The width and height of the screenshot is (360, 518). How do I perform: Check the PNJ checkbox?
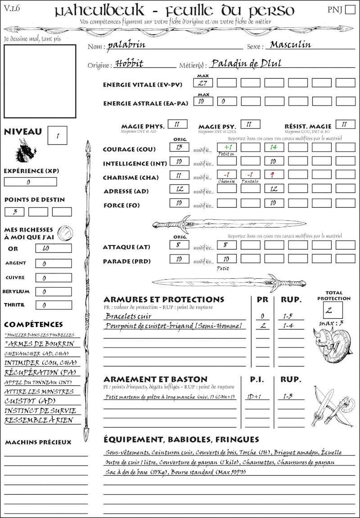tap(349, 10)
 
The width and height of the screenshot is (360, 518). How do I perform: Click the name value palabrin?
tap(126, 45)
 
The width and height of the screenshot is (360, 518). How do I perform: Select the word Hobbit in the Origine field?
tap(129, 63)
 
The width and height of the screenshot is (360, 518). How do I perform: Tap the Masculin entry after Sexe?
tap(291, 45)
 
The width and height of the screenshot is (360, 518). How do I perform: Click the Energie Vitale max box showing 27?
tap(203, 83)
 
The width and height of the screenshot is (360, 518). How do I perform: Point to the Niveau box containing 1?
tap(58, 135)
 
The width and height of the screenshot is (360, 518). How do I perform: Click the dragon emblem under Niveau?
tap(26, 151)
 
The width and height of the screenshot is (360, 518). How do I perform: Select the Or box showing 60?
tap(53, 248)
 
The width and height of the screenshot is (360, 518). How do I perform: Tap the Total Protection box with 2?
tap(333, 310)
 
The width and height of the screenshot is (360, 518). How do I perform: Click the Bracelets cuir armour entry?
tap(129, 316)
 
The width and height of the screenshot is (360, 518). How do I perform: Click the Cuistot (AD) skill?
tap(30, 401)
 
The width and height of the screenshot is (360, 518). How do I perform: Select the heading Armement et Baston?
tap(155, 379)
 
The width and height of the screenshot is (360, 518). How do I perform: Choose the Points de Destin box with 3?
tap(14, 211)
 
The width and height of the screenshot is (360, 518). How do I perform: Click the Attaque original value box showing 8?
tap(179, 245)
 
